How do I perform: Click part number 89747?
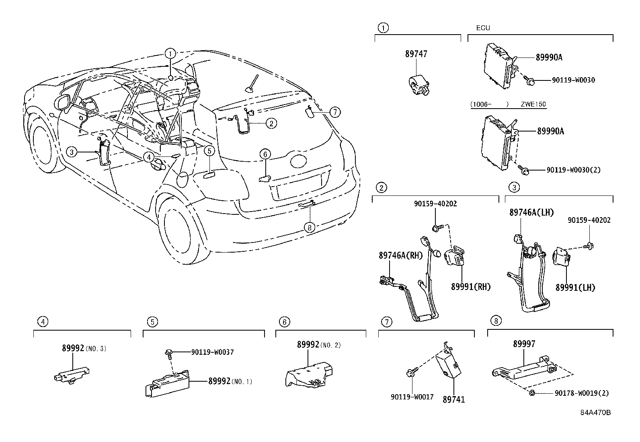pos(416,54)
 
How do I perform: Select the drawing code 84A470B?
pos(595,413)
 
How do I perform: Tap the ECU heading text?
pos(483,28)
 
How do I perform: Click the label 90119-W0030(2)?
pos(573,170)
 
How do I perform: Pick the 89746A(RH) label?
pos(401,255)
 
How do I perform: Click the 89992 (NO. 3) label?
pos(84,348)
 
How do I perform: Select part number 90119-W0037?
pos(212,352)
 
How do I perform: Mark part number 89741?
pos(453,399)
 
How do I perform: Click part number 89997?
pos(524,344)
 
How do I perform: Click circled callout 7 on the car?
pos(335,112)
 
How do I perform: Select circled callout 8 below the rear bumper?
pos(309,228)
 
